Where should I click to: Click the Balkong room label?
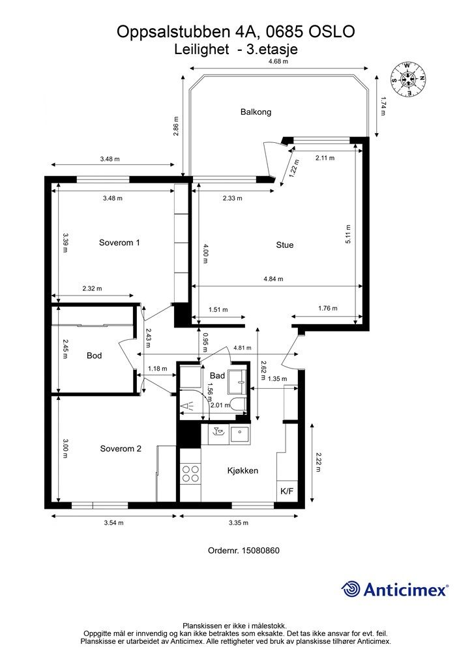tap(256, 112)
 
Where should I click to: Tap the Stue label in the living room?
tap(285, 245)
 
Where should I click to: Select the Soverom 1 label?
tap(119, 243)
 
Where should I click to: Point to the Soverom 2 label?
tap(121, 449)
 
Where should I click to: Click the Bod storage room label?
tap(94, 356)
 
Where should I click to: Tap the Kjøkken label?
tap(243, 471)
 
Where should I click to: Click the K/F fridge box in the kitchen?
tap(287, 491)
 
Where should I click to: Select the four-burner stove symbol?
tap(190, 474)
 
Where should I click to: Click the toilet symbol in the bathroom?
tap(239, 404)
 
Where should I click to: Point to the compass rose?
tap(408, 79)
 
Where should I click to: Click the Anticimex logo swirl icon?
tap(350, 589)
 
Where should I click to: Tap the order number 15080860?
tap(261, 551)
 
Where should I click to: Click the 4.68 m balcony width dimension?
tap(278, 61)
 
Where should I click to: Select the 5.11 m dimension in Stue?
tap(348, 234)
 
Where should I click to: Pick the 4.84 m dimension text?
tap(273, 279)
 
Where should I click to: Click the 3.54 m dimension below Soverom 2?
tap(113, 523)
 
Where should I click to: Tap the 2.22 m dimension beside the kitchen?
tap(318, 463)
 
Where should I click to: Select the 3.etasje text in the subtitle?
tap(272, 50)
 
